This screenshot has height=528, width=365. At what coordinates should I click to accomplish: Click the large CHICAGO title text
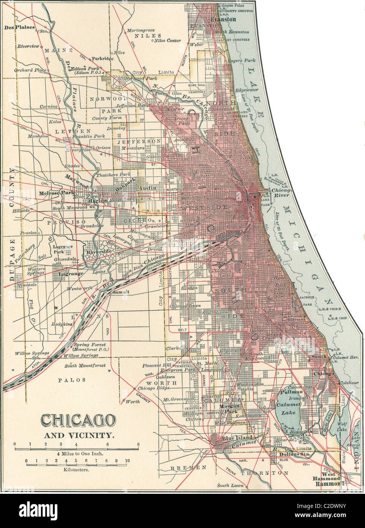[77, 421]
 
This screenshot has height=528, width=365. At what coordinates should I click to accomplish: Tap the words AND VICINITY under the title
[78, 435]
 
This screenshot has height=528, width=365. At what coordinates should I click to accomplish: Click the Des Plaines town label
[20, 27]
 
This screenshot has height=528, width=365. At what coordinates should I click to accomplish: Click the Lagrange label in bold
[70, 273]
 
